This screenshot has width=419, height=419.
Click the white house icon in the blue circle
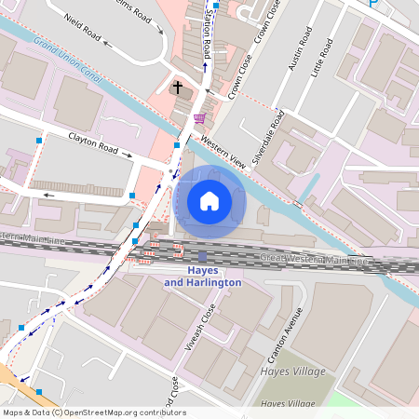click(209, 201)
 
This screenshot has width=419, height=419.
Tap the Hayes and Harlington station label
click(202, 277)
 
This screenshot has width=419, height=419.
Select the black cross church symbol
click(178, 88)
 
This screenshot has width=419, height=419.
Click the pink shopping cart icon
click(200, 118)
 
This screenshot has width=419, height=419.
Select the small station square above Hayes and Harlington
click(202, 256)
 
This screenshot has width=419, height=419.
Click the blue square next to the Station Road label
click(216, 6)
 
